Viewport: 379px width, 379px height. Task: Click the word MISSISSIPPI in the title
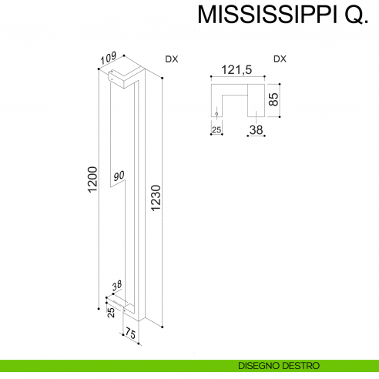[x=262, y=15]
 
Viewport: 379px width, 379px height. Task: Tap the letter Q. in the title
[x=350, y=16]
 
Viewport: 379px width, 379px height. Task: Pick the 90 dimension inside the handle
[x=119, y=176]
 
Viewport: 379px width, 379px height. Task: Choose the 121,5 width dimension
[x=237, y=69]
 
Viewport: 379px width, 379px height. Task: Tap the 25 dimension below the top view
[x=216, y=129]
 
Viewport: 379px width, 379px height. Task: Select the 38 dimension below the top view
[x=256, y=130]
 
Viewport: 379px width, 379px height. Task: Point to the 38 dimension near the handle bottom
[x=117, y=286]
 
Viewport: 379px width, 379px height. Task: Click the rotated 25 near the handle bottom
[x=111, y=312]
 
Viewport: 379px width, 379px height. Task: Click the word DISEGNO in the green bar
[x=260, y=365]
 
